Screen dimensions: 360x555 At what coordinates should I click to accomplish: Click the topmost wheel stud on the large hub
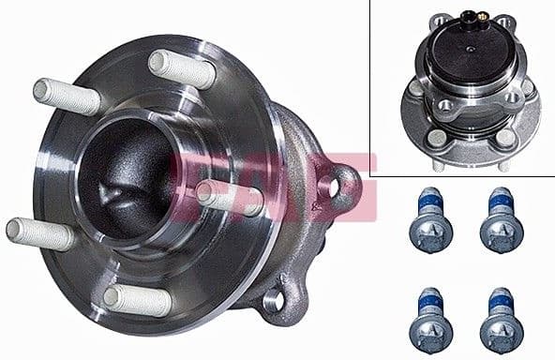(182, 68)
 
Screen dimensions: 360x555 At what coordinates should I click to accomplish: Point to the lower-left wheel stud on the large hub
(40, 232)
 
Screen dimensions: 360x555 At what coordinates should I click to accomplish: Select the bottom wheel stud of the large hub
(137, 300)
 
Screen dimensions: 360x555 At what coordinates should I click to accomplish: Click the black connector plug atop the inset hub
(464, 17)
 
